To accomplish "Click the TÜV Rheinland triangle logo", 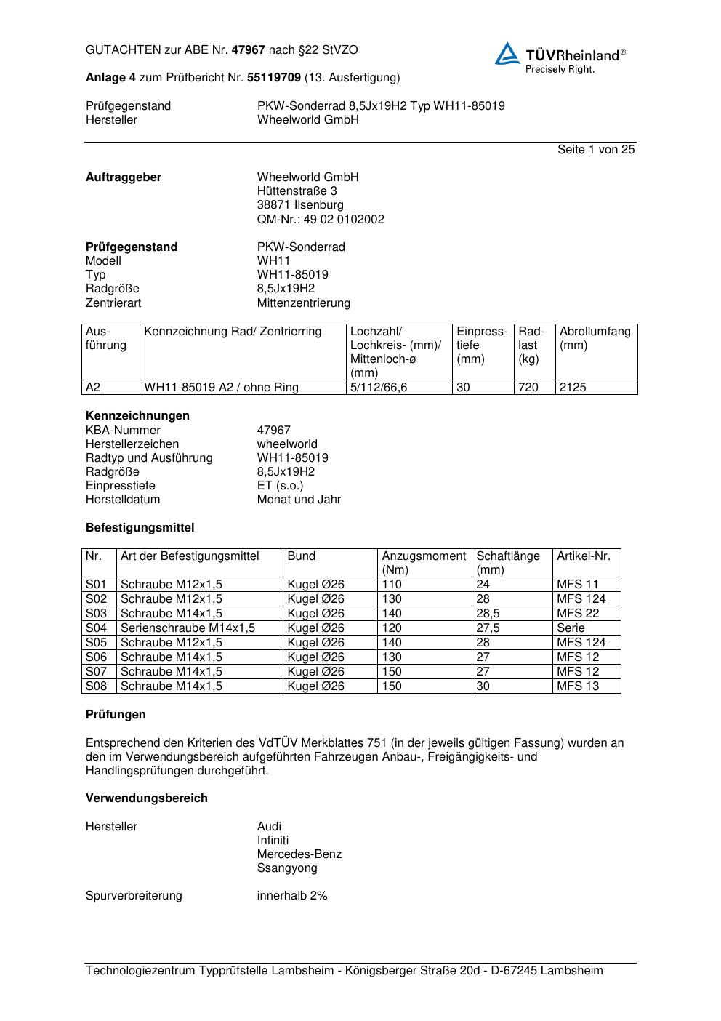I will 507,54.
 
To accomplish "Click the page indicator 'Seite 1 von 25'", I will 595,150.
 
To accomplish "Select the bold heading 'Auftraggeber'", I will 124,177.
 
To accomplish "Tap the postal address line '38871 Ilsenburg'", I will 300,205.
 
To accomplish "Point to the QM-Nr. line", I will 321,220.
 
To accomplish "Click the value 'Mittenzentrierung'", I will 303,303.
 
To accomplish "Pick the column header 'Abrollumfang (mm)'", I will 595,339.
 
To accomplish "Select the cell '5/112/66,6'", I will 379,388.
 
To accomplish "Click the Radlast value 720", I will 528,388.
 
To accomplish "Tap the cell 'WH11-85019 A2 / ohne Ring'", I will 221,388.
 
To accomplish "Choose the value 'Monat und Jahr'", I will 299,500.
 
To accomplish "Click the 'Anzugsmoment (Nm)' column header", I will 424,563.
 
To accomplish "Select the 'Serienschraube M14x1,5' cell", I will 188,628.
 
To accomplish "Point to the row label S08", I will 96,686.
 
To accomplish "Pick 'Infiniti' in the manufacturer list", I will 273,841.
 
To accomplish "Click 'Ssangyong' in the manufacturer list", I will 287,868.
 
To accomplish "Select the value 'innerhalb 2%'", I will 292,896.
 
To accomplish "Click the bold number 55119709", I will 274,78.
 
